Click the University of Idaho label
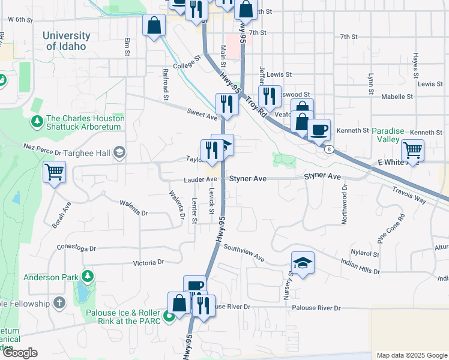point(73,41)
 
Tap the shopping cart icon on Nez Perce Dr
point(54,173)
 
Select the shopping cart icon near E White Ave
point(412,149)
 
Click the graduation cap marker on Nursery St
point(303,263)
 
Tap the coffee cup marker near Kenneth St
point(319,129)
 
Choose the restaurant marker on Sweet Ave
point(226,103)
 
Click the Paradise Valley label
point(385,135)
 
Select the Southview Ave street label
point(244,252)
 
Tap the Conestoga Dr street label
point(76,248)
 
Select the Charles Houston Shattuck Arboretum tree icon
point(37,122)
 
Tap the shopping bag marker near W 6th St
point(154,26)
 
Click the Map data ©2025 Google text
point(411,355)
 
